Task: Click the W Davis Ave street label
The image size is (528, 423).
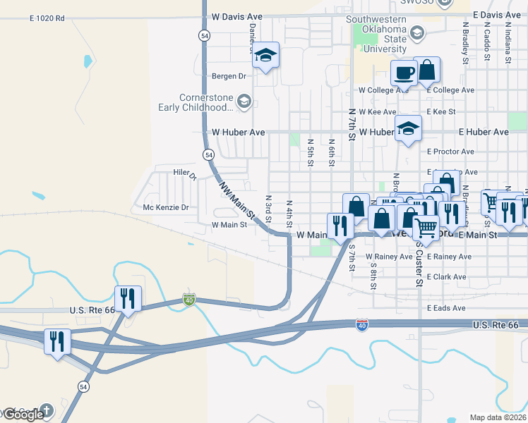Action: [236, 16]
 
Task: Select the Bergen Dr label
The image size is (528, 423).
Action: [228, 76]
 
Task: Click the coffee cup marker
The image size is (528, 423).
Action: [404, 73]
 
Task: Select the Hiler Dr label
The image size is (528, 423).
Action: [184, 172]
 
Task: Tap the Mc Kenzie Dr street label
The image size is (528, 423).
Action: [166, 207]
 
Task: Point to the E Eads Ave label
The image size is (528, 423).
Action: [446, 308]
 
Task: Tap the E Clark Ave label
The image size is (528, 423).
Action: [447, 277]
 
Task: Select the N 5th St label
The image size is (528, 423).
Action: [310, 153]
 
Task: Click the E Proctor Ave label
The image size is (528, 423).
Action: [451, 152]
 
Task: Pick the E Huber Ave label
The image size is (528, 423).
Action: [484, 132]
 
